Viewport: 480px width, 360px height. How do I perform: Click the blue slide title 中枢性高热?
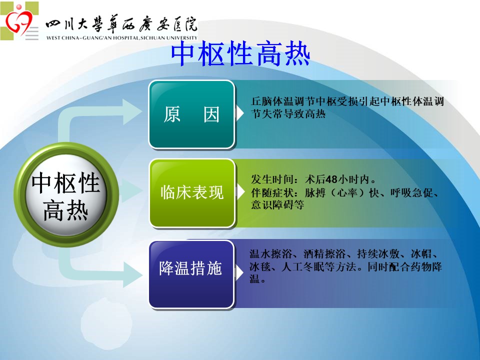click(x=240, y=54)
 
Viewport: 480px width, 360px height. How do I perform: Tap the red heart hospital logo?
click(x=18, y=21)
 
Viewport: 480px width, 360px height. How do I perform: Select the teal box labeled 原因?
click(x=191, y=114)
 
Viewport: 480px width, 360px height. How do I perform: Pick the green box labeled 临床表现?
click(x=192, y=193)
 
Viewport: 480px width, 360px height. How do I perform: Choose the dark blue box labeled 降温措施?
click(x=191, y=274)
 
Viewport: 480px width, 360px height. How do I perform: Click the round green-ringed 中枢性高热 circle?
click(x=66, y=195)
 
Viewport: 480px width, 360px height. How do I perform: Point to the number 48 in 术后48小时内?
click(x=331, y=179)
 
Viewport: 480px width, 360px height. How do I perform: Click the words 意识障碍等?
click(x=277, y=205)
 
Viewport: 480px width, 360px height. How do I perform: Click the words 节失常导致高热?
click(x=288, y=114)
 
